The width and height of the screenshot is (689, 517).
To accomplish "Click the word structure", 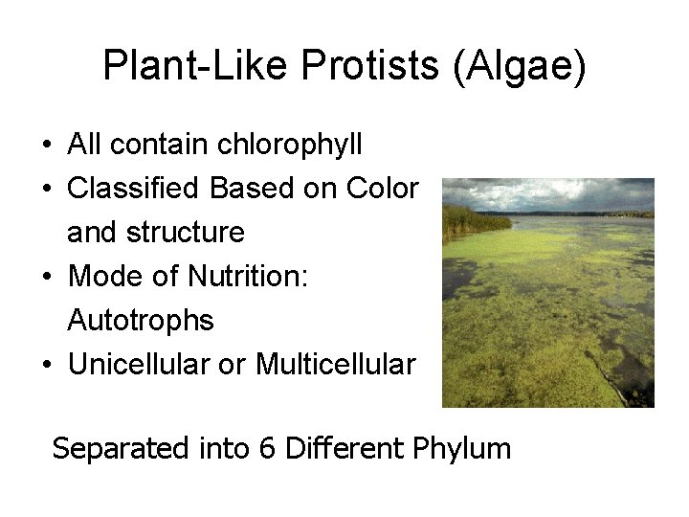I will (189, 233).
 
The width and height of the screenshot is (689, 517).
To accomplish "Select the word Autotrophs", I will (141, 321).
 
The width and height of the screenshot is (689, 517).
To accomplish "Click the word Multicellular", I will (335, 365).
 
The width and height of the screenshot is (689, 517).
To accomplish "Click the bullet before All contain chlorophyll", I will (47, 146).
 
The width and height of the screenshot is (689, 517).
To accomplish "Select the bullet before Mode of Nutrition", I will (47, 278).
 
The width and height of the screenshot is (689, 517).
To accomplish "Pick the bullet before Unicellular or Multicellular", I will (47, 366).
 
